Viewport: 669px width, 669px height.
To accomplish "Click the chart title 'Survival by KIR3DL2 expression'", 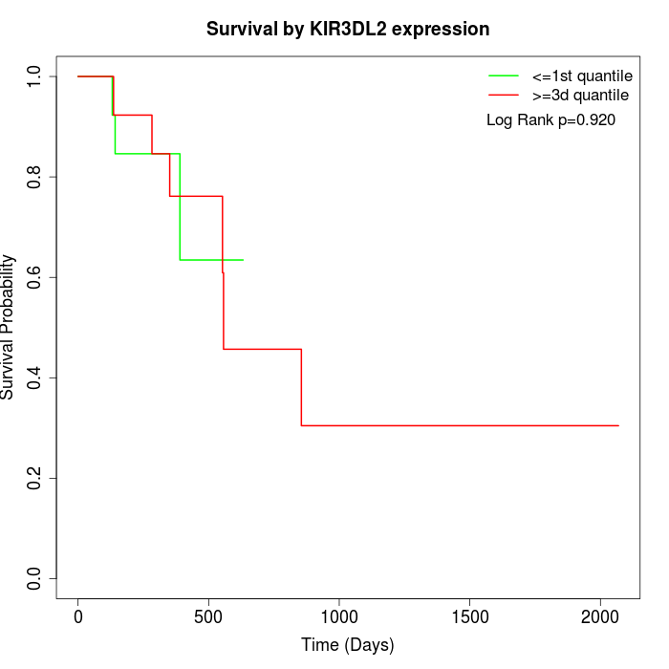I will (348, 30).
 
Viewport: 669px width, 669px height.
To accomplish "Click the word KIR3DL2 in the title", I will (356, 30).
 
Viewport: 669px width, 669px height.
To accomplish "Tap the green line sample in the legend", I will (503, 75).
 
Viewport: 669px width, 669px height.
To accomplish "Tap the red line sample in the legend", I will (503, 95).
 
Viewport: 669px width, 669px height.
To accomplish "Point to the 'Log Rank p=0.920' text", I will (550, 119).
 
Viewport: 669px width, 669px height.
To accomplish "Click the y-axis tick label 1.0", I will (35, 76).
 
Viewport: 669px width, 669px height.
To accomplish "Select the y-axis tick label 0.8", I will (35, 177).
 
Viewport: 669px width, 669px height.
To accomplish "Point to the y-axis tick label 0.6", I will (35, 277).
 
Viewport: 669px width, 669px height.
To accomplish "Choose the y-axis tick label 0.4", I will (35, 378).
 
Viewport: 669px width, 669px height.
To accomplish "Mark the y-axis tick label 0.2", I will (35, 478).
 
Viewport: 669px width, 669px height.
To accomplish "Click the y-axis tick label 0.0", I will (35, 578).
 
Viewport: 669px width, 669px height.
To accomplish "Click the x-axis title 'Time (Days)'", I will (348, 645).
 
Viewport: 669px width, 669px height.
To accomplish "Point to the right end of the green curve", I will (243, 260).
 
